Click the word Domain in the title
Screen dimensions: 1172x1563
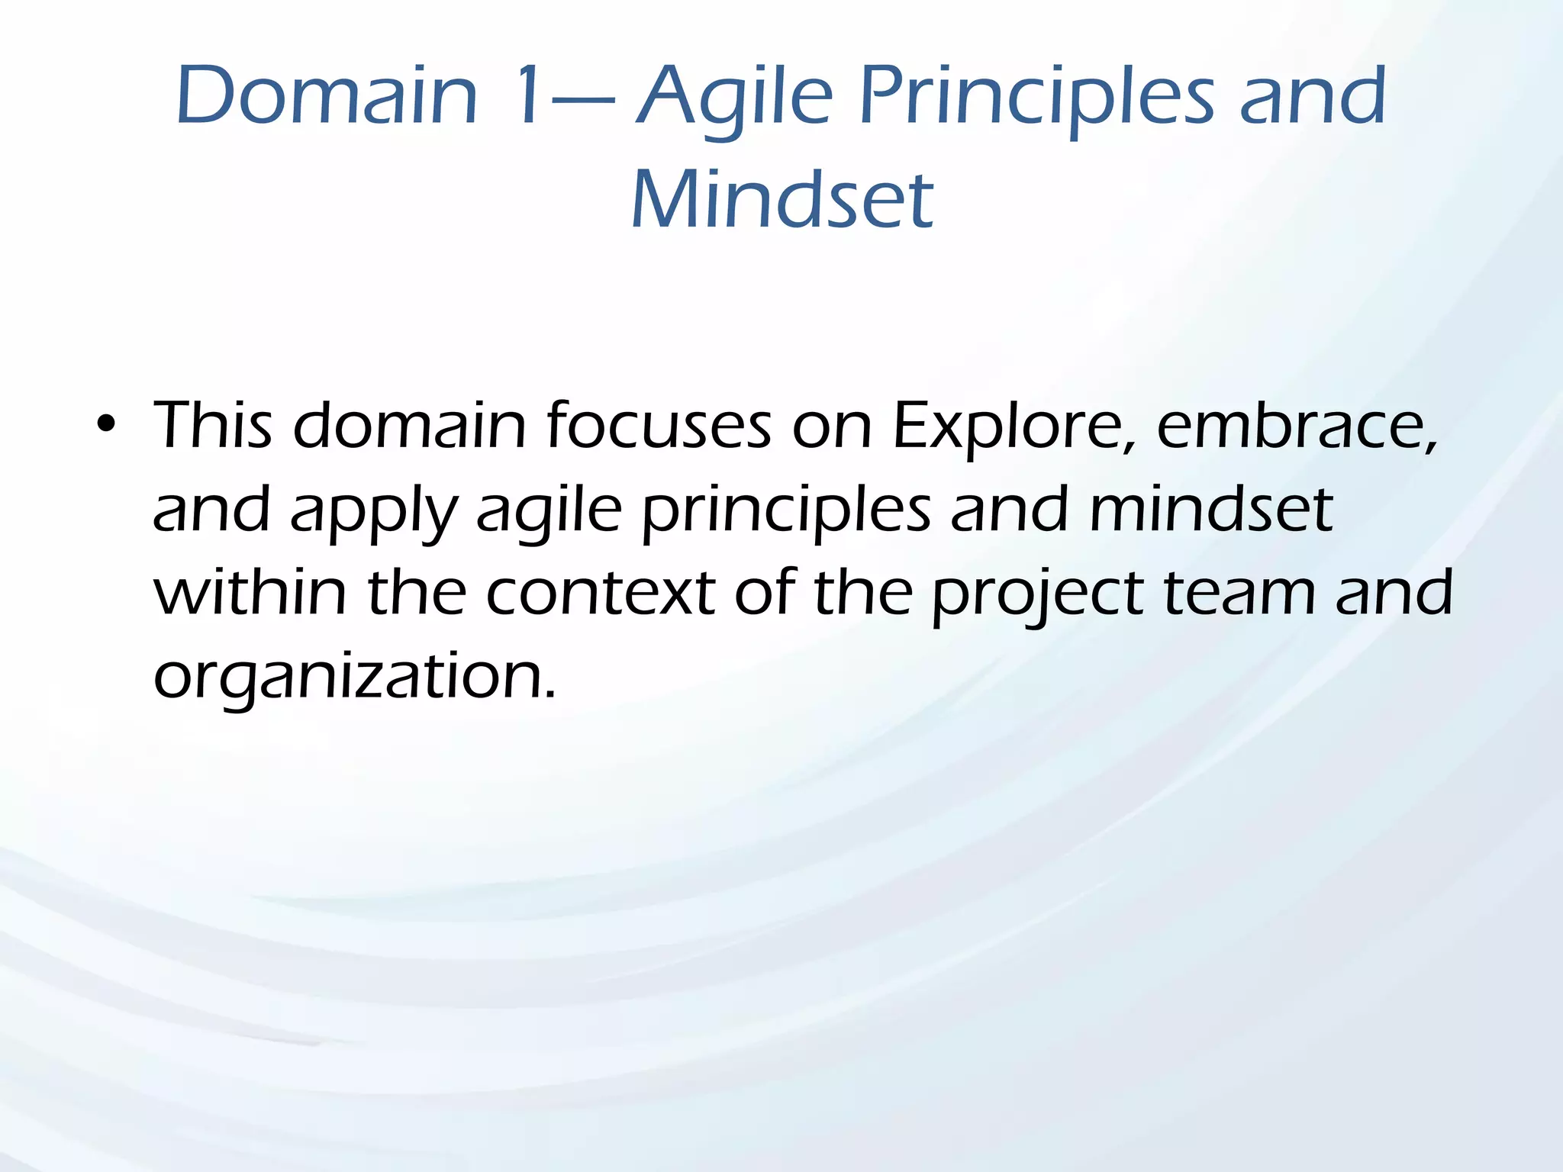click(x=327, y=96)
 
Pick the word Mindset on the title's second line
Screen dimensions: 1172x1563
click(x=781, y=200)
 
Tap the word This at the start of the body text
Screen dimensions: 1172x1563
click(x=213, y=426)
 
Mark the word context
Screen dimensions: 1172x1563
click(x=601, y=593)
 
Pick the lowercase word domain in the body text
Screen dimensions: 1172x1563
click(x=410, y=426)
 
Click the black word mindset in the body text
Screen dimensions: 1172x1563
click(x=1210, y=509)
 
